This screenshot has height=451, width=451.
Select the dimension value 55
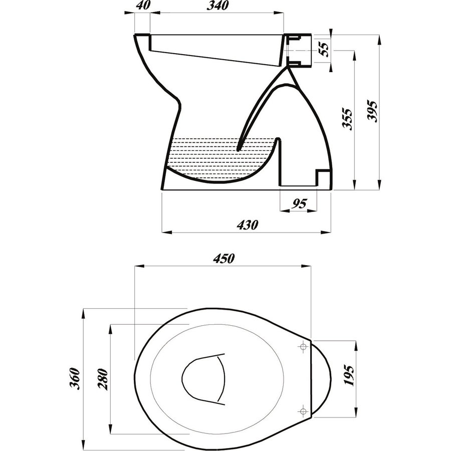[325, 50]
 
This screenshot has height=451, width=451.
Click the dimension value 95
[299, 203]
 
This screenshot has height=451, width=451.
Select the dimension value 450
[223, 259]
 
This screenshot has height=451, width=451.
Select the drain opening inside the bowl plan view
[203, 379]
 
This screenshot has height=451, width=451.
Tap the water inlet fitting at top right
[300, 50]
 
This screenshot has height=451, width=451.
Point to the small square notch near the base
[322, 177]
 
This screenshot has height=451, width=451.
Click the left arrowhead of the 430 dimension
[165, 232]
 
